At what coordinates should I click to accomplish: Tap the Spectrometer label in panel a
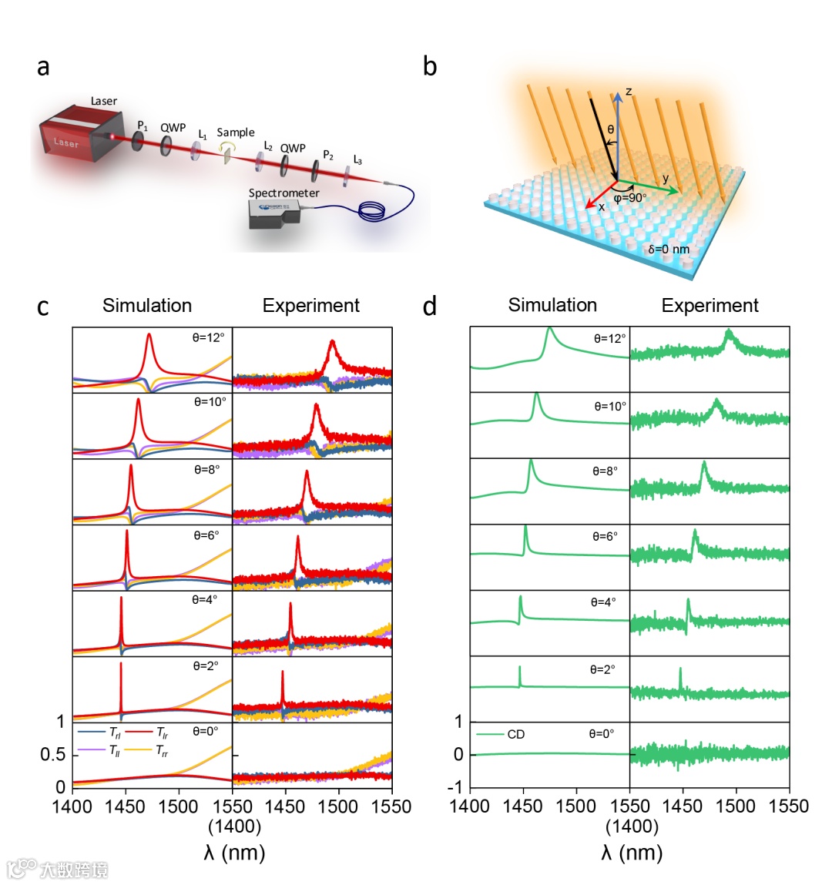pyautogui.click(x=283, y=193)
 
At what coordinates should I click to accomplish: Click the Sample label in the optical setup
pyautogui.click(x=235, y=132)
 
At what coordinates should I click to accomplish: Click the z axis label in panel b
pyautogui.click(x=629, y=92)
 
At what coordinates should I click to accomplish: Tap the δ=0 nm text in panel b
pyautogui.click(x=669, y=249)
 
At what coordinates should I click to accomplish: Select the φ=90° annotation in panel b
pyautogui.click(x=630, y=197)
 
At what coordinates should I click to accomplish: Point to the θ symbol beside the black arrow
pyautogui.click(x=611, y=129)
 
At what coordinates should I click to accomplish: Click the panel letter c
pyautogui.click(x=43, y=307)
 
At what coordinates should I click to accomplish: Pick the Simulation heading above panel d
pyautogui.click(x=552, y=305)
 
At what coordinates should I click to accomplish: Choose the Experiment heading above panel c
pyautogui.click(x=310, y=306)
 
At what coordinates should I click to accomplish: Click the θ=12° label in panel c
pyautogui.click(x=210, y=337)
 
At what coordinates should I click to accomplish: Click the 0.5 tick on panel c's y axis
pyautogui.click(x=53, y=755)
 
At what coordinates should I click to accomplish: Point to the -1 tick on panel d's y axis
pyautogui.click(x=458, y=786)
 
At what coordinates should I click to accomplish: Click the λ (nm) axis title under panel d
pyautogui.click(x=632, y=852)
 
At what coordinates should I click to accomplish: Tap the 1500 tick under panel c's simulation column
pyautogui.click(x=179, y=806)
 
